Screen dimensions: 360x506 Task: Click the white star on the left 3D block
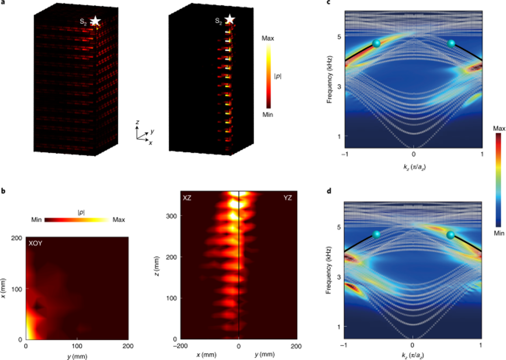click(95, 21)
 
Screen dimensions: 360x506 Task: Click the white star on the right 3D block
click(230, 20)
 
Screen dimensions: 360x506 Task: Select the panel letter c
click(330, 4)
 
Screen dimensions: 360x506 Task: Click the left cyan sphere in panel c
click(376, 43)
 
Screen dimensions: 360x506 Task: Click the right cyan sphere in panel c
click(451, 43)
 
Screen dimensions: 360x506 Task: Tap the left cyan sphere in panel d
click(376, 234)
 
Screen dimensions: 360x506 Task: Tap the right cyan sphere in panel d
click(450, 235)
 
